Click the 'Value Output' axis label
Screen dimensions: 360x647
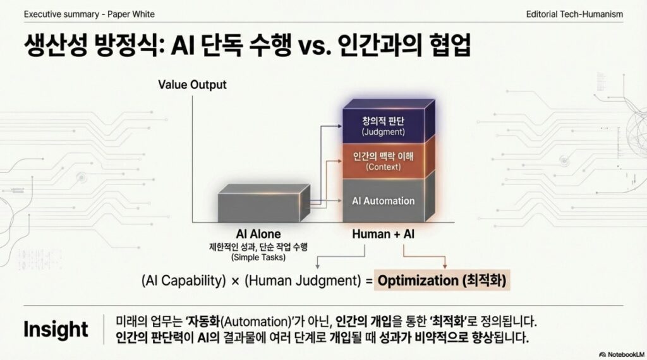(x=192, y=85)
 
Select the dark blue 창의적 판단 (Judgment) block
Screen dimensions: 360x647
(x=382, y=126)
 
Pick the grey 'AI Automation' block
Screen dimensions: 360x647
(x=384, y=201)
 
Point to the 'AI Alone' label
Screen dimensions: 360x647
(x=258, y=234)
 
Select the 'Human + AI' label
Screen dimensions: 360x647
(x=383, y=234)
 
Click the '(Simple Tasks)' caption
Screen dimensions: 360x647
(x=258, y=257)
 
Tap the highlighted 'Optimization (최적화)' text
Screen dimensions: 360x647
(x=442, y=281)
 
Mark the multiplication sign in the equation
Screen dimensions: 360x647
(x=235, y=282)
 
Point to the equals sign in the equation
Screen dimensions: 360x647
(x=367, y=282)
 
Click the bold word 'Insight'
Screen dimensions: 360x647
(x=56, y=329)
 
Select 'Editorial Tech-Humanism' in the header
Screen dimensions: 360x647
(x=574, y=13)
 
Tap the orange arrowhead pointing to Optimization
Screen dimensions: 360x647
(x=445, y=265)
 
